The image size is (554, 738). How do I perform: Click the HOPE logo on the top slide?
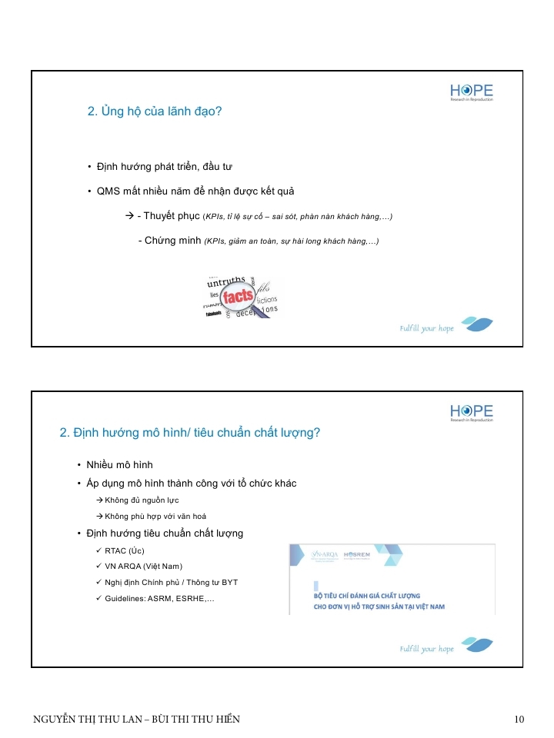(472, 92)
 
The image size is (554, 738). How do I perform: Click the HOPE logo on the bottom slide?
(472, 413)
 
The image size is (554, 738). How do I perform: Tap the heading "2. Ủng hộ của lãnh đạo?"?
(155, 112)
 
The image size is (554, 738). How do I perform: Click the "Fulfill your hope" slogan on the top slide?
(427, 328)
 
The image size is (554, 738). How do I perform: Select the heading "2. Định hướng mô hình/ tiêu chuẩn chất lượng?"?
(189, 433)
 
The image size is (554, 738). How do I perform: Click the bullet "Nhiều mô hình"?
(120, 465)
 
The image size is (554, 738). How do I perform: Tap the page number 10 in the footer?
(519, 720)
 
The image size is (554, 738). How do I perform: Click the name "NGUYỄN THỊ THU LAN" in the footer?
(92, 720)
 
